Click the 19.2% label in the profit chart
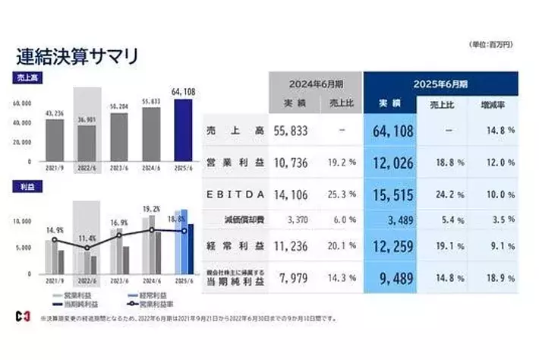(151, 208)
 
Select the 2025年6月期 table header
(441, 83)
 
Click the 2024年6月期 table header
(316, 83)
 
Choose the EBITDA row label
(235, 195)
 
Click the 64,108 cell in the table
(392, 131)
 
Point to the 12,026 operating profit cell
(392, 163)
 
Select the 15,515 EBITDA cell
(392, 195)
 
